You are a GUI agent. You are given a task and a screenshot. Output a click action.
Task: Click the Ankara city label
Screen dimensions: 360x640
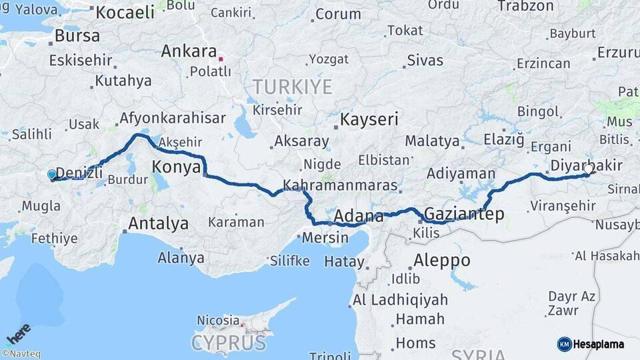[x=189, y=51]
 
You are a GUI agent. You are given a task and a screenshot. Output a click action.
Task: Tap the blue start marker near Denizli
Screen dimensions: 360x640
[x=52, y=175]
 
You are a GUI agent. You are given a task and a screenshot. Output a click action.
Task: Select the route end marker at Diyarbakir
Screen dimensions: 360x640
[x=589, y=169]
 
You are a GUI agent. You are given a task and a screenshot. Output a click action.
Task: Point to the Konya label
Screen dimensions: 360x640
[x=177, y=167]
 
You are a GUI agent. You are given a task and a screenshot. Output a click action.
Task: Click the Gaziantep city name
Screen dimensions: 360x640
[x=464, y=214]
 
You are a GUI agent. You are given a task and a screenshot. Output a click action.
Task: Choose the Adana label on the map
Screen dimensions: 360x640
[x=359, y=217]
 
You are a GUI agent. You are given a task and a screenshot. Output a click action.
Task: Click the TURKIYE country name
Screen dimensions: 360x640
[x=292, y=87]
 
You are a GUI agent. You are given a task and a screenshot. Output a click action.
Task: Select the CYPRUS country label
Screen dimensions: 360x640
[x=228, y=343]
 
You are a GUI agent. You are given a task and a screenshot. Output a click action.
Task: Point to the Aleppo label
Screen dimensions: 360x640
[x=441, y=260]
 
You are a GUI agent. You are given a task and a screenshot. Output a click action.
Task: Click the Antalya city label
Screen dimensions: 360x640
[x=158, y=223]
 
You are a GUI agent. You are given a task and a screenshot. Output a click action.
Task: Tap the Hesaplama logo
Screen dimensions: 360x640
[x=591, y=344]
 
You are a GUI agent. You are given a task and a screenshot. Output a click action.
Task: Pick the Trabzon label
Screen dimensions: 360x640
[x=525, y=6]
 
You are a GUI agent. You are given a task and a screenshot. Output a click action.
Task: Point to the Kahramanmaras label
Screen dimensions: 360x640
[x=340, y=185]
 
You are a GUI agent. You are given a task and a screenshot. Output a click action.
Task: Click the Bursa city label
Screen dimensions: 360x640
[x=77, y=35]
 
